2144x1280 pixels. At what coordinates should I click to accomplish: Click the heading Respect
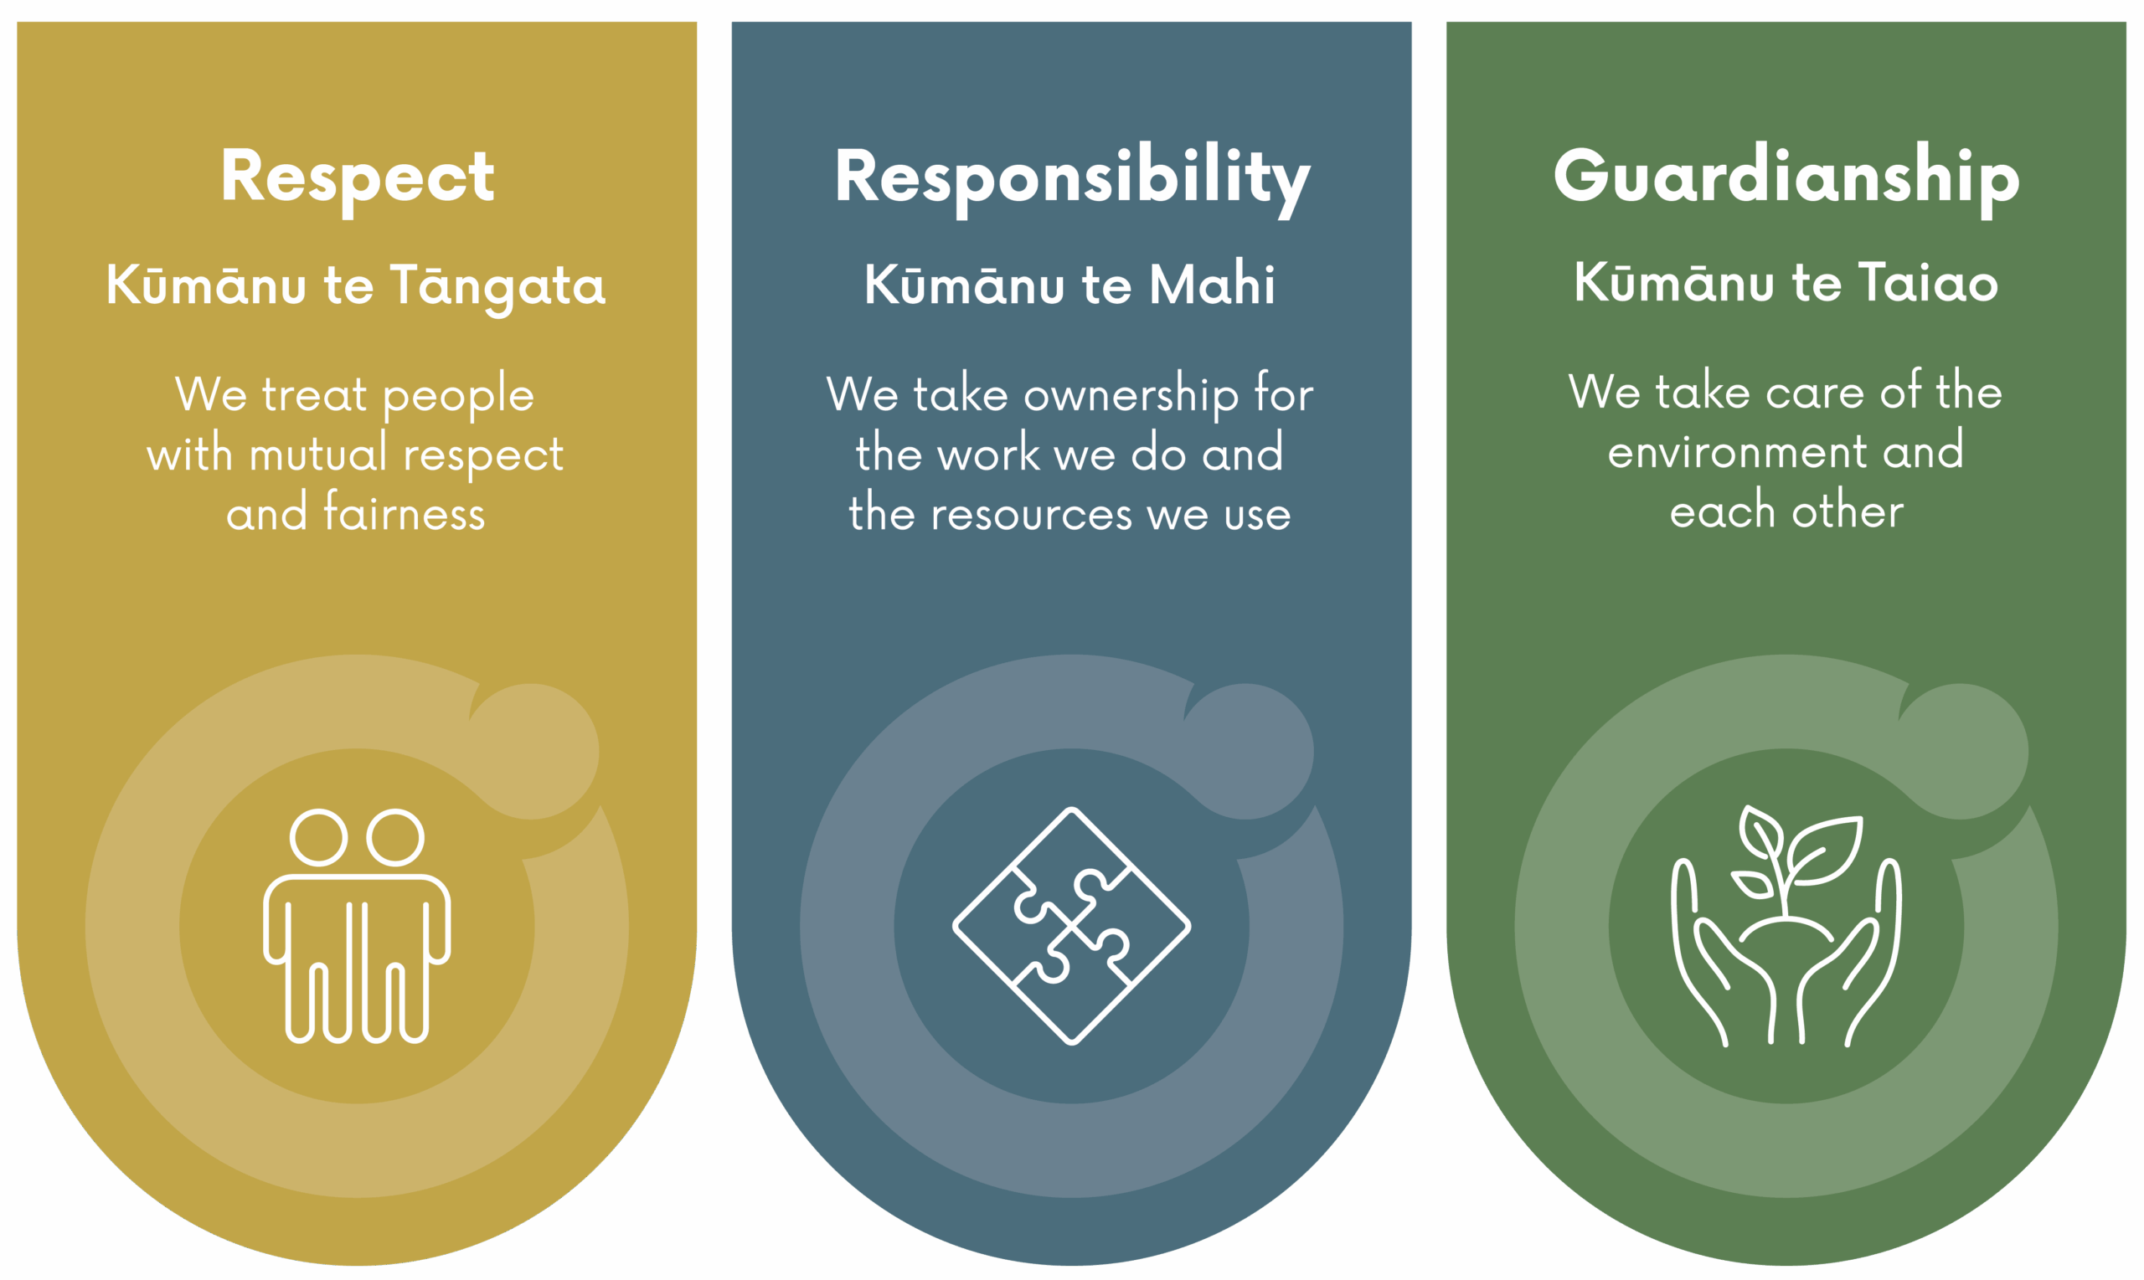point(357,177)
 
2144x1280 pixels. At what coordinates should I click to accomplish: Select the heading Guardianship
point(1786,177)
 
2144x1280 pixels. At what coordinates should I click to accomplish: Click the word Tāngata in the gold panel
point(497,286)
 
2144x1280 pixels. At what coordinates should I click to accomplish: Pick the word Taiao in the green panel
point(1927,283)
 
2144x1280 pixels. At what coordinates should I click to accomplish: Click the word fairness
point(404,513)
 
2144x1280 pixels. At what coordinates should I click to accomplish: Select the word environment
point(1737,452)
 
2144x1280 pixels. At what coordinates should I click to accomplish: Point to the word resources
point(1031,514)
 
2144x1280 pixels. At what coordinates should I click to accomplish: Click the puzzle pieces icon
point(1071,926)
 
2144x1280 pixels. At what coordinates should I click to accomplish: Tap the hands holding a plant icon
point(1786,928)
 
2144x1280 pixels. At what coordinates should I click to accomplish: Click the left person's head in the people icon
point(318,836)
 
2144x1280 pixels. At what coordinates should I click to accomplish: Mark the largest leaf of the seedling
point(1827,849)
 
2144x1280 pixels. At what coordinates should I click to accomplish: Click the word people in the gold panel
point(458,396)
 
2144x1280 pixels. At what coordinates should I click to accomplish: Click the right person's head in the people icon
point(395,836)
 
